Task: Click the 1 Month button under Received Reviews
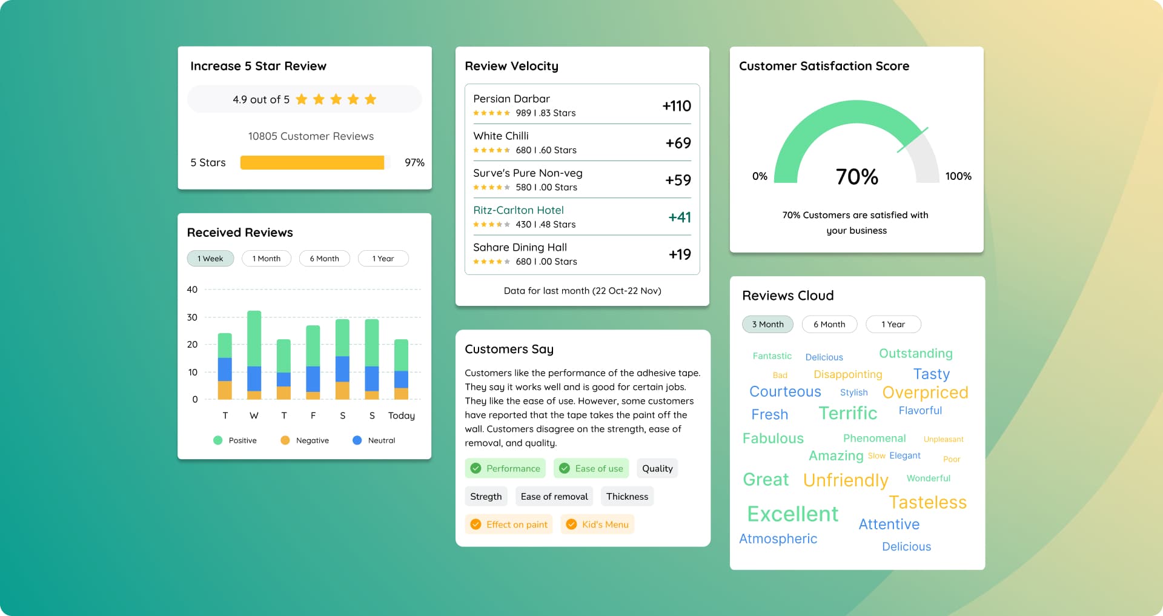point(267,259)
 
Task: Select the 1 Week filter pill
point(210,259)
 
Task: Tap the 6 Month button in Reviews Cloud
point(829,324)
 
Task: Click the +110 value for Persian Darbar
point(677,106)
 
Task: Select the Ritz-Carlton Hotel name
point(519,210)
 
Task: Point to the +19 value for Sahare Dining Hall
point(680,254)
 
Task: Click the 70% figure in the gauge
point(857,177)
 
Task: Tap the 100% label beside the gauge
point(958,176)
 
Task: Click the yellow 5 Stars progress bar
point(312,162)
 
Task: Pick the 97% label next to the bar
point(414,162)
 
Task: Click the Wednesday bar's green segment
point(254,338)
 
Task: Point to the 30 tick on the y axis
point(192,317)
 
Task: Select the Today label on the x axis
point(402,416)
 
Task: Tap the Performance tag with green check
point(505,468)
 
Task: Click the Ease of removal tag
point(554,497)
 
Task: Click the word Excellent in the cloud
point(792,514)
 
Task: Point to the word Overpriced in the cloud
point(925,392)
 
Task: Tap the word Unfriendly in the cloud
point(846,480)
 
